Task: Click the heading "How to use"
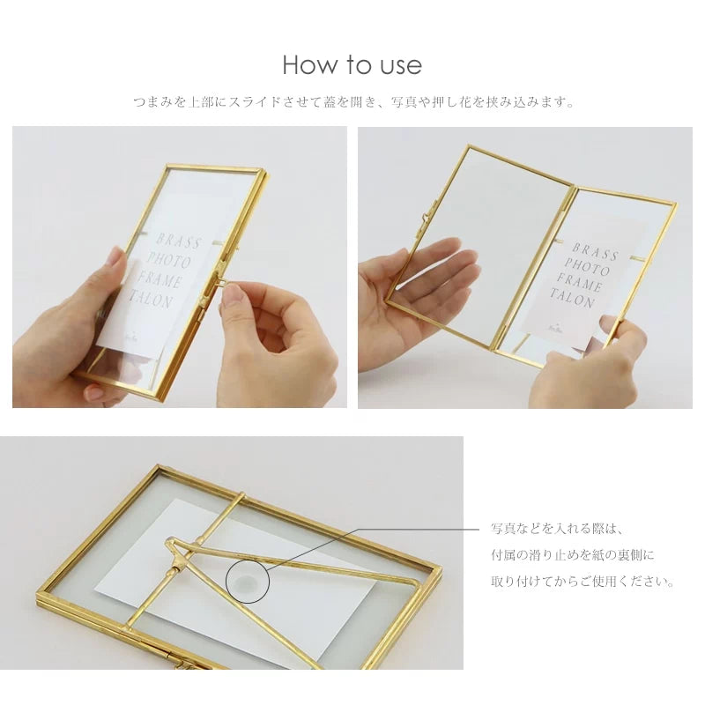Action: [x=352, y=65]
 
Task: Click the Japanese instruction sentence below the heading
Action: [x=352, y=102]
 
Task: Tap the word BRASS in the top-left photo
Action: [x=178, y=241]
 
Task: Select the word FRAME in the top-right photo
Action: [x=582, y=284]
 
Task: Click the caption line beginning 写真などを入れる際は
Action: [x=557, y=529]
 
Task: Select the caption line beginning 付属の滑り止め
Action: [x=573, y=555]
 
